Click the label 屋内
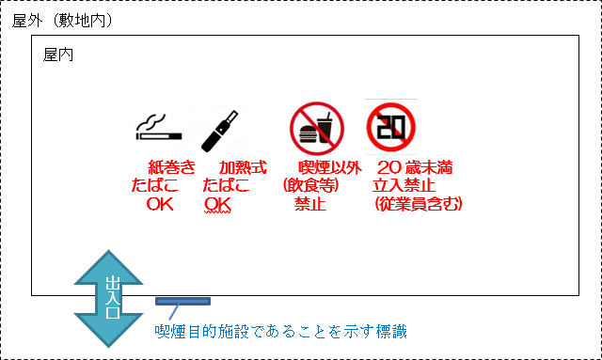59,55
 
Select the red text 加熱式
242,168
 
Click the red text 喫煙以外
329,168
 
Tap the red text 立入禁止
403,186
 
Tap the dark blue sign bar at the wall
182,302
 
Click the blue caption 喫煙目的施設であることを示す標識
281,330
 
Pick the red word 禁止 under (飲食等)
310,203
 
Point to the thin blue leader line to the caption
174,314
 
